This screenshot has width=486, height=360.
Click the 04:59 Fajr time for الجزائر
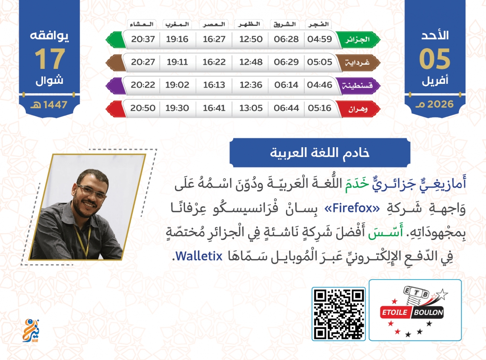pos(320,39)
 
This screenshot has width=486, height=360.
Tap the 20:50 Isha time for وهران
pos(143,108)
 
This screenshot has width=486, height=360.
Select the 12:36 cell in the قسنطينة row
pos(251,85)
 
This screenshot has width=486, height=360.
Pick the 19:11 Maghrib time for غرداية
pos(177,62)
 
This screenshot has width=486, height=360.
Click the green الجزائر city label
pos(357,39)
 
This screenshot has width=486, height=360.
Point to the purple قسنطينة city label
pos(357,85)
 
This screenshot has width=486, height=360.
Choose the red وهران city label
pos(357,109)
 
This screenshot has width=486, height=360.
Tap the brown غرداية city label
pos(357,62)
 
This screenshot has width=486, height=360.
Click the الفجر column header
pos(318,24)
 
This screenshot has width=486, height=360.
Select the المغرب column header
pos(177,24)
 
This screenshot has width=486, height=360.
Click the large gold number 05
pos(435,59)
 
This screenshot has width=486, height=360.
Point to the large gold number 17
pos(50,59)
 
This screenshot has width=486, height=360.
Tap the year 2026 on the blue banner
pos(440,104)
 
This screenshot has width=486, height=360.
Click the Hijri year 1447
pos(55,105)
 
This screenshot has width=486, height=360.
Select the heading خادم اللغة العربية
pos(320,153)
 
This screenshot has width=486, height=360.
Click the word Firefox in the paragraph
pos(352,208)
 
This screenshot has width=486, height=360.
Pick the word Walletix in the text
pos(199,256)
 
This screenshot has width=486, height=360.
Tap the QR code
pos(338,314)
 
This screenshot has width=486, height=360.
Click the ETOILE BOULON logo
pos(415,310)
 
